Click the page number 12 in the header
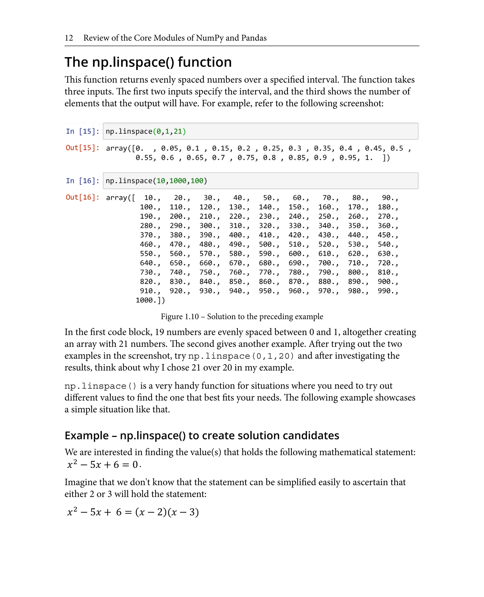coord(69,38)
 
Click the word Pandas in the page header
coord(254,38)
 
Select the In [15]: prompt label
coord(82,131)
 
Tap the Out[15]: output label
coord(82,147)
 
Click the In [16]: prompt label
coord(82,181)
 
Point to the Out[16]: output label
coord(82,197)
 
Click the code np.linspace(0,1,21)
coord(146,131)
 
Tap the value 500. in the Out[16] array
coord(268,244)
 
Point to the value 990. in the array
coord(386,291)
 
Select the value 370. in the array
coord(149,235)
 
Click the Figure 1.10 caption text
coord(242,316)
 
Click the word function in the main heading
coord(205,62)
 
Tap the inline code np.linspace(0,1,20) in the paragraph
coord(241,356)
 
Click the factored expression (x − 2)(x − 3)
coord(167,512)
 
